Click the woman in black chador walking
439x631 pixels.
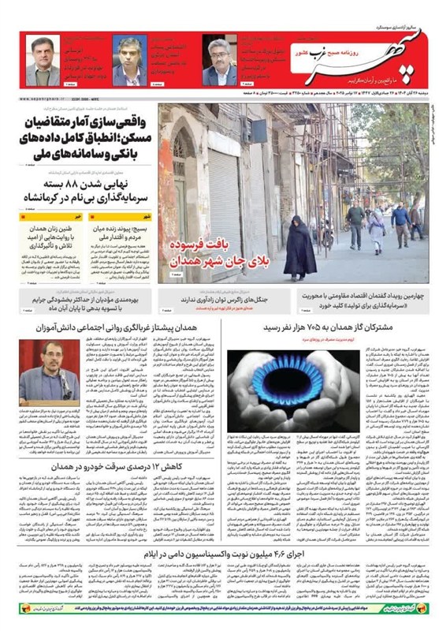point(296,244)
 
